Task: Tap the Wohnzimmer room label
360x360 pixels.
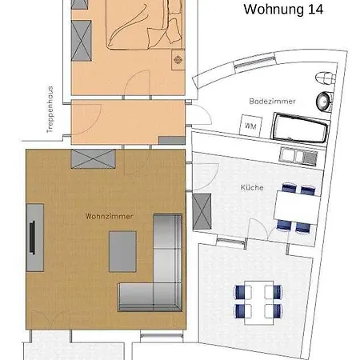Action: coord(109,216)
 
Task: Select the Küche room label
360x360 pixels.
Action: coord(252,187)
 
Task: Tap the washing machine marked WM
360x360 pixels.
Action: coord(250,126)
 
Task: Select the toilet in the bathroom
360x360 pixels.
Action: coord(322,78)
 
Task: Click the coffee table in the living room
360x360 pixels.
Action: coord(122,251)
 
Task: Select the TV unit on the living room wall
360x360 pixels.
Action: coord(34,236)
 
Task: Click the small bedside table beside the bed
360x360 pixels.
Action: coord(178,61)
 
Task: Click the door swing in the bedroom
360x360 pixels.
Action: coord(140,82)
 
